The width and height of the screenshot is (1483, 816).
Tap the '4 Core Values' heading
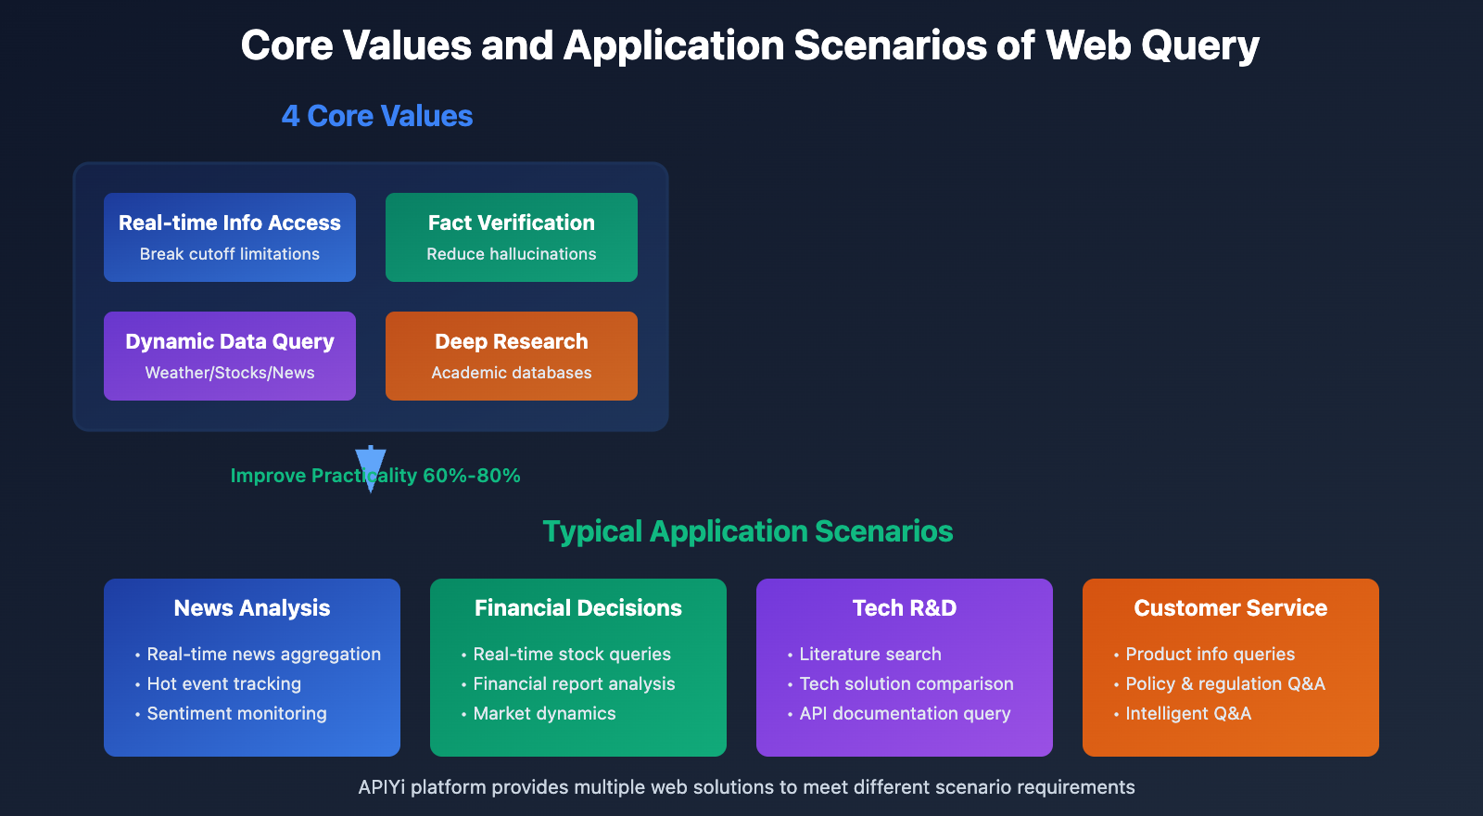pyautogui.click(x=377, y=116)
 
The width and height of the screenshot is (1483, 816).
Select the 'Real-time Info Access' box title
pyautogui.click(x=230, y=223)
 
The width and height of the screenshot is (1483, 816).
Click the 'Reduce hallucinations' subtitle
pyautogui.click(x=511, y=254)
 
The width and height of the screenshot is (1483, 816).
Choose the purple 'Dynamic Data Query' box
pyautogui.click(x=230, y=356)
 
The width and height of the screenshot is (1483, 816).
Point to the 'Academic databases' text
pyautogui.click(x=511, y=373)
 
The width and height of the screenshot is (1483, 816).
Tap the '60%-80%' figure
pyautogui.click(x=471, y=476)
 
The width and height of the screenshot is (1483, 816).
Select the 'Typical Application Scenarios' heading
pyautogui.click(x=747, y=531)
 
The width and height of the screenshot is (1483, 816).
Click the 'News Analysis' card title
pyautogui.click(x=252, y=608)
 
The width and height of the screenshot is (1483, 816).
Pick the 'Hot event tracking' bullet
pyautogui.click(x=223, y=684)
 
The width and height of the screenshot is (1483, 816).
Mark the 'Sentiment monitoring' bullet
pyautogui.click(x=236, y=714)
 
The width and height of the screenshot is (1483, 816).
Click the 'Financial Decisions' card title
pyautogui.click(x=578, y=608)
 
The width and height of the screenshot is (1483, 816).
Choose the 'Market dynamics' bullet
pyautogui.click(x=544, y=714)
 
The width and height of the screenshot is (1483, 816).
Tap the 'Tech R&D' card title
pyautogui.click(x=905, y=608)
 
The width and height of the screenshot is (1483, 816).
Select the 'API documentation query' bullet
pyautogui.click(x=905, y=714)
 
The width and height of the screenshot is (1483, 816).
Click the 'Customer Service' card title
pyautogui.click(x=1230, y=608)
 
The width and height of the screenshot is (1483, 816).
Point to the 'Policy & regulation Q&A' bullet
pyautogui.click(x=1224, y=684)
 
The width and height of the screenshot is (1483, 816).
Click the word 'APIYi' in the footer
pyautogui.click(x=382, y=787)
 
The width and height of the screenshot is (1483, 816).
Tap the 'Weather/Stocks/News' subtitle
pyautogui.click(x=230, y=373)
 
